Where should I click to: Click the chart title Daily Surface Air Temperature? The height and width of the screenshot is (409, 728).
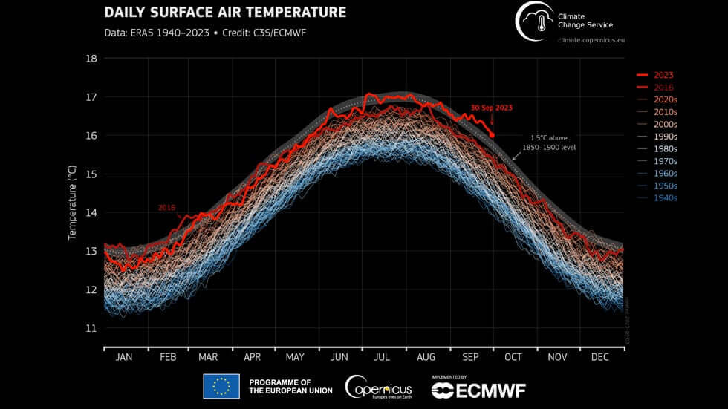point(225,13)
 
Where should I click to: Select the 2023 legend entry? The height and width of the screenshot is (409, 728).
point(663,75)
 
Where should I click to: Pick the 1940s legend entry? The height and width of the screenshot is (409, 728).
point(664,198)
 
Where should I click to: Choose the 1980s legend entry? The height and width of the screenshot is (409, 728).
point(664,149)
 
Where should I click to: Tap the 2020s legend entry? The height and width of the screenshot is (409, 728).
point(664,99)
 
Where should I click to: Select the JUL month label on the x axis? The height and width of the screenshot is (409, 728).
point(383,357)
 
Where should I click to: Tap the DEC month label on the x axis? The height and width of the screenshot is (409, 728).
point(599,357)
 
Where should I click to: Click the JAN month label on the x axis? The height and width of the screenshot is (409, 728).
point(124,357)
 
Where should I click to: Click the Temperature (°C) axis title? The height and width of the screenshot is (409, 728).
point(73,193)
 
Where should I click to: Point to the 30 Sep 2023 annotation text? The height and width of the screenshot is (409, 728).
point(490,108)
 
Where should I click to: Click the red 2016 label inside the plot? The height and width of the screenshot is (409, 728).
point(166,208)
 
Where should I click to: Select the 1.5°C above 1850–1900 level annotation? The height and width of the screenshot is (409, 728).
point(553,143)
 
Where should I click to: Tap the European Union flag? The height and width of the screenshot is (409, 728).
point(221,386)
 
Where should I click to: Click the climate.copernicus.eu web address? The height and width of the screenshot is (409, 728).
point(591,39)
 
